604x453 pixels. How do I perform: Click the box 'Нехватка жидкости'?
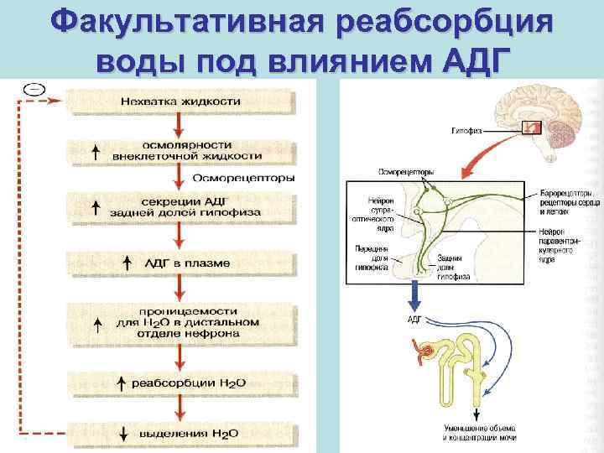180,102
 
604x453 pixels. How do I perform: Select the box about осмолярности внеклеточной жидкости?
180,150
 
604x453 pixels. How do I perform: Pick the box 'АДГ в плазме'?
180,263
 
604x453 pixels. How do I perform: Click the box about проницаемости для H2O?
180,321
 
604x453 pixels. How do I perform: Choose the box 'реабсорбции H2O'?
180,383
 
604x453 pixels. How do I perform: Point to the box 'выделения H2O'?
180,434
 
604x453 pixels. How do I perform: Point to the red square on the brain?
531,128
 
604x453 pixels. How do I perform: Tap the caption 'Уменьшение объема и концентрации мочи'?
479,434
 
